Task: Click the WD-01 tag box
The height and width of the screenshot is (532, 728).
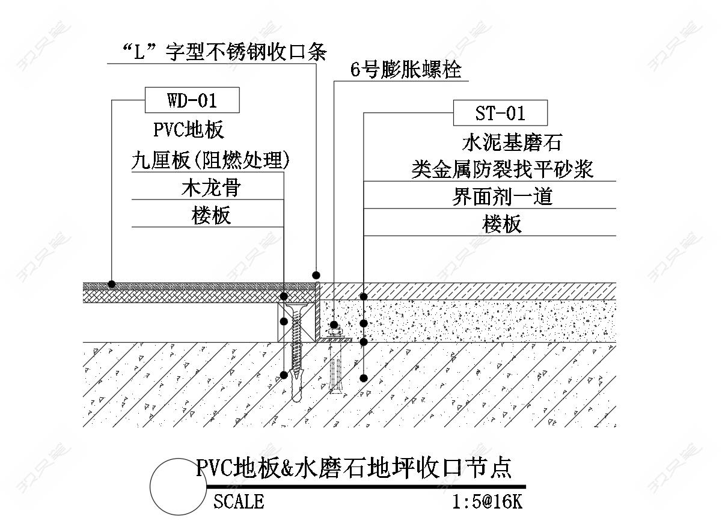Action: [x=192, y=100]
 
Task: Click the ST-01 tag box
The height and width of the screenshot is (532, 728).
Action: [x=500, y=113]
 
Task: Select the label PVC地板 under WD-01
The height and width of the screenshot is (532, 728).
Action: [x=188, y=130]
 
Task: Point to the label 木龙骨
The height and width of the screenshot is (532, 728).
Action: [x=210, y=188]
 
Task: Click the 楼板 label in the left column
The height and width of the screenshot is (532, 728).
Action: [x=210, y=216]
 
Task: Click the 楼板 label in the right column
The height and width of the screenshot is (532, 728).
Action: [x=502, y=225]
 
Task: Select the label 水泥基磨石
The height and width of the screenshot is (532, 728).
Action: [x=502, y=142]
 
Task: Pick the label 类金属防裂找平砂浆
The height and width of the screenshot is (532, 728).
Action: [x=502, y=170]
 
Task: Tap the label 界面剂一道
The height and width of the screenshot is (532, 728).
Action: [x=502, y=197]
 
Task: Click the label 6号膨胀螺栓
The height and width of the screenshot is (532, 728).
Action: [x=406, y=70]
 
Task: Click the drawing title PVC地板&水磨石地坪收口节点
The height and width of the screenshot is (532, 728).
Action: [x=353, y=468]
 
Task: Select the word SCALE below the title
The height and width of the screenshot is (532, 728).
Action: [x=239, y=501]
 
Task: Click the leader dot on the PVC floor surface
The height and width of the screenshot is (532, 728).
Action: [x=111, y=284]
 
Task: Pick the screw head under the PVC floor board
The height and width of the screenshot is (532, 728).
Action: [x=296, y=308]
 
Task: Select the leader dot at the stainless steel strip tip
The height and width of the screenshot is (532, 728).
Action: [x=316, y=274]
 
